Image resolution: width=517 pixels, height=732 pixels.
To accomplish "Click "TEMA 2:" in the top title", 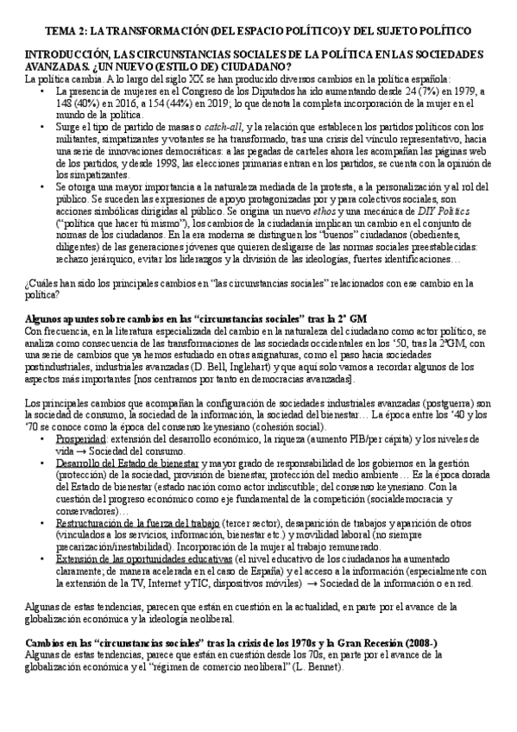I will click(68, 30).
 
